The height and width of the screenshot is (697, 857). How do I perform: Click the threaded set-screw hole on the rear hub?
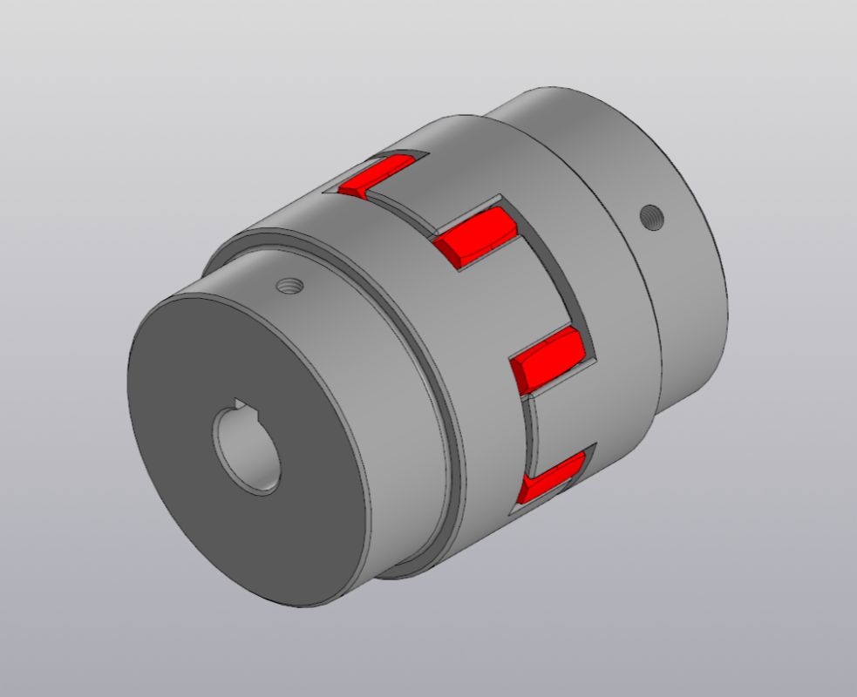point(650,215)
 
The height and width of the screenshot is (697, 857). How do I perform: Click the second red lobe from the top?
point(475,238)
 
